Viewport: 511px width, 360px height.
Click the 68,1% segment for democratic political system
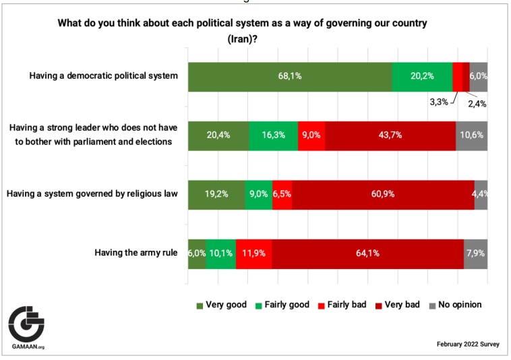tap(290, 76)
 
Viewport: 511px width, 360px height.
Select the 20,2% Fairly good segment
tap(422, 76)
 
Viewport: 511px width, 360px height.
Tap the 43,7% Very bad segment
tap(390, 135)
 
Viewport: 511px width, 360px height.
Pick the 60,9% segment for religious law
tap(383, 194)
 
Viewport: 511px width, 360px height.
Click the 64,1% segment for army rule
tap(367, 253)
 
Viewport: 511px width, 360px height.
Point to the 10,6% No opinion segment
tap(472, 135)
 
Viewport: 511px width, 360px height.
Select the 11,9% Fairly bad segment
tap(254, 253)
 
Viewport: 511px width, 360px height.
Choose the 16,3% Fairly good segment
tap(273, 135)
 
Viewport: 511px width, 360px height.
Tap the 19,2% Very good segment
tap(216, 194)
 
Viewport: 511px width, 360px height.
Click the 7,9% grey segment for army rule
tap(475, 253)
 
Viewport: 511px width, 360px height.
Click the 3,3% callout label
tap(439, 103)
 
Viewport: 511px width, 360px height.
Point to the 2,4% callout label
tap(477, 103)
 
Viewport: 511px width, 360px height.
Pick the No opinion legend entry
tap(456, 305)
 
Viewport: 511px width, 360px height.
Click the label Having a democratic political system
tap(104, 76)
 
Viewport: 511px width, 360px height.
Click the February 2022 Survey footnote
tap(468, 344)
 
